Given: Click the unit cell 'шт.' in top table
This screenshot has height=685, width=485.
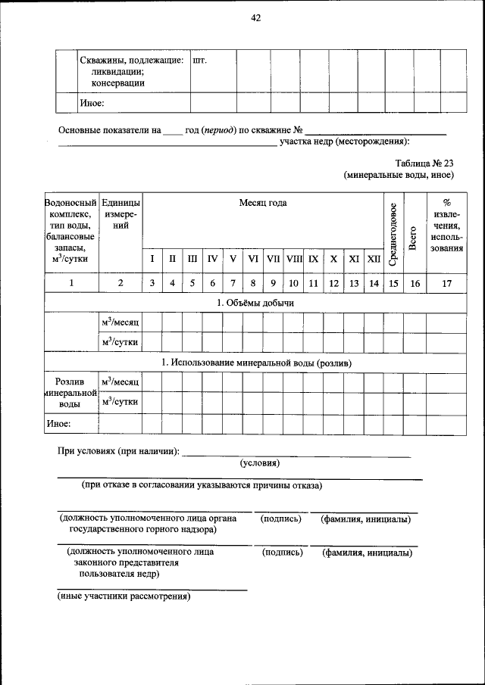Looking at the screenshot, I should (x=200, y=61).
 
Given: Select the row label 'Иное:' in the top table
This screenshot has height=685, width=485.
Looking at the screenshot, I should (x=92, y=102).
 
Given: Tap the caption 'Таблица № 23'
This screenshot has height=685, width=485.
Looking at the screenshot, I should (x=424, y=163).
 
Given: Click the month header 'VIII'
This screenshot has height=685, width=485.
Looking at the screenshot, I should (x=293, y=259).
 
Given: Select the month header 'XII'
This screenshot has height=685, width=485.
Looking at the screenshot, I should (x=374, y=259).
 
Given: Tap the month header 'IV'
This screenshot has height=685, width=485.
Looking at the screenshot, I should (x=213, y=259).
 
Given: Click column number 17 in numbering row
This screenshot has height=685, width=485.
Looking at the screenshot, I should (x=446, y=283).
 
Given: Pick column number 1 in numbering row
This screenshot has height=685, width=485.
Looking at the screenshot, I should (x=71, y=283).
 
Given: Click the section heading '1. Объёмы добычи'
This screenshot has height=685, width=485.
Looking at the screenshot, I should (x=255, y=303).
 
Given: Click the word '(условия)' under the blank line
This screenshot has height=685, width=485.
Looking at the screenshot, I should (x=260, y=462).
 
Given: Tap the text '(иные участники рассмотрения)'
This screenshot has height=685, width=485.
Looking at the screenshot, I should (x=124, y=596).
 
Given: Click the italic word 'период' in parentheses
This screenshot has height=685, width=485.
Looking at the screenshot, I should (x=218, y=129).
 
